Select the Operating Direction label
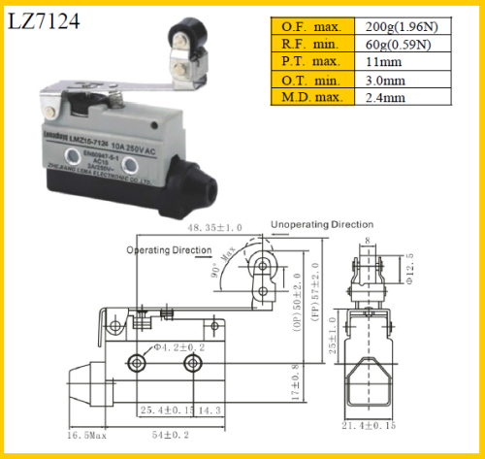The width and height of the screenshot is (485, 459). tap(169, 249)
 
